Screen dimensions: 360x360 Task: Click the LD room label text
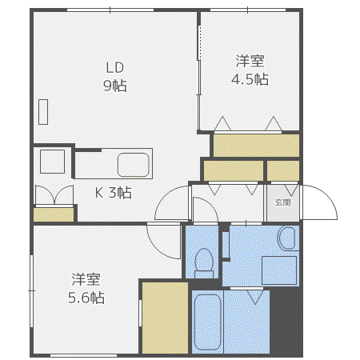[x=115, y=68]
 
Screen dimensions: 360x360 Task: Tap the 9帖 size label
[x=115, y=86]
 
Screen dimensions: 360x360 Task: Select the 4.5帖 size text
[x=250, y=79]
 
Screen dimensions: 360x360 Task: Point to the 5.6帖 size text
[x=86, y=298]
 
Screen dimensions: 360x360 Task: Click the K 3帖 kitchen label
[x=114, y=192]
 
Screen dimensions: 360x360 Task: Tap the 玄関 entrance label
[x=282, y=202]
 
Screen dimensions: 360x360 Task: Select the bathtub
[x=207, y=322]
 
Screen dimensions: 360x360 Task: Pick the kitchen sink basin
[x=134, y=165]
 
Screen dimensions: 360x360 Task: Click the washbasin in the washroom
[x=286, y=238]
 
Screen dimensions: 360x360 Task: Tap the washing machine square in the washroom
[x=279, y=270]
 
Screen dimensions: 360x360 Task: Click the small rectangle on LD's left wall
[x=43, y=112]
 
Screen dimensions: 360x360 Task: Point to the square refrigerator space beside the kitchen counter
[x=53, y=162]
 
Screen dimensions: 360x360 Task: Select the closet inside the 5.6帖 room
[x=165, y=318]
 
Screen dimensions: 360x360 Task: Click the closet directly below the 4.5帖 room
[x=256, y=146]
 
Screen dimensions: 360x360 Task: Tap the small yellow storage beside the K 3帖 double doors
[x=54, y=214]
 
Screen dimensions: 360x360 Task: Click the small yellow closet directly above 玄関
[x=283, y=170]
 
